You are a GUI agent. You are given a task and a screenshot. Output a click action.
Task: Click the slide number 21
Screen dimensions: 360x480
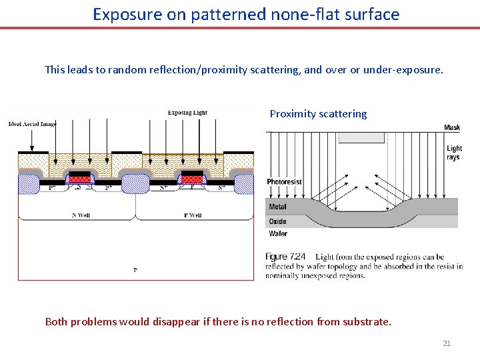coord(447,343)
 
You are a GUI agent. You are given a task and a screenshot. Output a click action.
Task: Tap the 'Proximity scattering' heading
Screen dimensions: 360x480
coord(318,114)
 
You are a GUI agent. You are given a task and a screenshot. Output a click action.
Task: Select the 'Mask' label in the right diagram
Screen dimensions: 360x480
coord(452,128)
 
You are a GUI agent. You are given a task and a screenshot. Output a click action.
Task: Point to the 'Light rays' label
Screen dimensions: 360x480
coord(454,153)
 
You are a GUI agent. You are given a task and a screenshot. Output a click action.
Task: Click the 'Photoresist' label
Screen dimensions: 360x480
coord(284,182)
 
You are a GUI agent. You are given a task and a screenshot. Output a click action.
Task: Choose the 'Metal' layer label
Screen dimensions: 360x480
coord(277,207)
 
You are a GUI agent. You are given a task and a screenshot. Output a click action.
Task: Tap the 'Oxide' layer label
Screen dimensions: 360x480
coord(277,221)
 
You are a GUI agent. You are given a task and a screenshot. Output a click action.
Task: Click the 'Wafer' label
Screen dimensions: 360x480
coord(278,234)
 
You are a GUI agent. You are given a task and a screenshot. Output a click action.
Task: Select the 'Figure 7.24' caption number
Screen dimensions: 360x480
coord(285,257)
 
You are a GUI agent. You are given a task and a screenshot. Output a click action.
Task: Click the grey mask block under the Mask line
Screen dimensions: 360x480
coord(361,137)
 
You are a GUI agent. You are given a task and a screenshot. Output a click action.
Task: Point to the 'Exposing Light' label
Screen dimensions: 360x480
coord(187,113)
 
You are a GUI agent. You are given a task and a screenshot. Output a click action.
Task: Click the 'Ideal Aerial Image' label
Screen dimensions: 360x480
coord(32,124)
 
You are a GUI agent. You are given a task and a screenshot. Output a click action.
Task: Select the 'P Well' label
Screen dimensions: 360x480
coord(192,215)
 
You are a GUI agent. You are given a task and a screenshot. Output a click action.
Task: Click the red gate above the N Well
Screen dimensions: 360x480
coord(80,179)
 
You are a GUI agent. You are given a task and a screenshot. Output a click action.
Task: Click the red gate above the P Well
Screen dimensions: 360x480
coord(192,179)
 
